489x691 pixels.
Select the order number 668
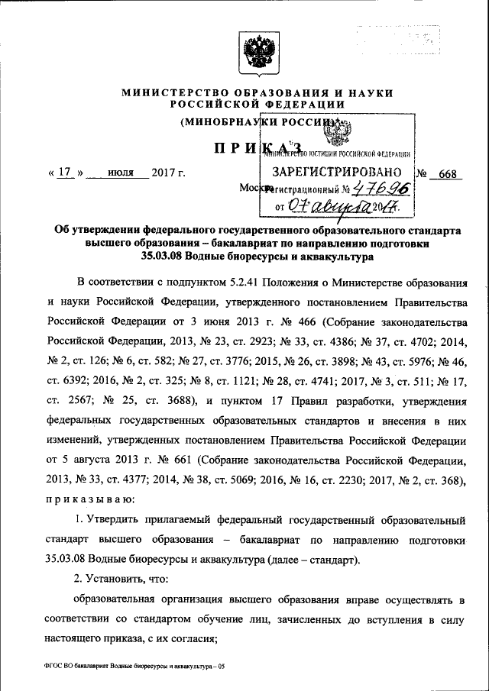[447, 174]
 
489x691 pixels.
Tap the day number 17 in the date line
[64, 173]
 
